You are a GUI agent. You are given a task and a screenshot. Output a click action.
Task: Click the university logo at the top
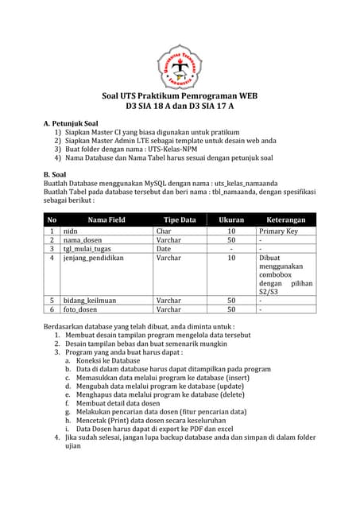[x=180, y=66]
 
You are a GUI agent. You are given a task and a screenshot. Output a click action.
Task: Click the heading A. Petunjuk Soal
[x=71, y=124]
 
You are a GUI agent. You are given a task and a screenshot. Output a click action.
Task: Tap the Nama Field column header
[x=106, y=220]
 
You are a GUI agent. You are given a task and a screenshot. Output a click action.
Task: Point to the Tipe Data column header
[x=179, y=220]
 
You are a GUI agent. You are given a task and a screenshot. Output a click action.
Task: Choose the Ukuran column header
[x=231, y=220]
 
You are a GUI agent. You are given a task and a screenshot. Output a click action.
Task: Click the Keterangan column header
[x=286, y=220]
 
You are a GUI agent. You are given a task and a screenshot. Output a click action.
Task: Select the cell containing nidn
[x=70, y=231]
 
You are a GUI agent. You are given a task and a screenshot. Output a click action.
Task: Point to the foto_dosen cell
[x=82, y=309]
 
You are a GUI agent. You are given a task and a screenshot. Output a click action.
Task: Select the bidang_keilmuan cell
[x=90, y=300]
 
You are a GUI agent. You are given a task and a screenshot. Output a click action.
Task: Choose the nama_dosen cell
[x=83, y=239]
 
